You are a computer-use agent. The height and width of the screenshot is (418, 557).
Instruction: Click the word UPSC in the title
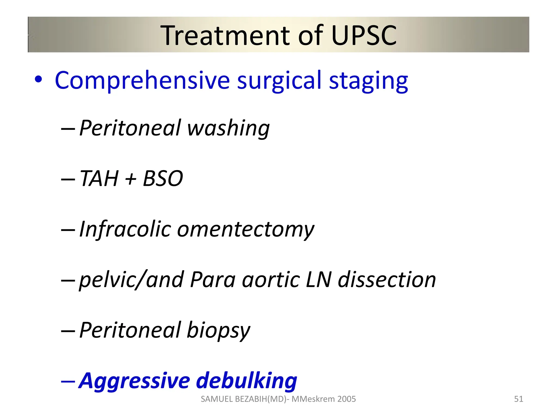[x=364, y=35]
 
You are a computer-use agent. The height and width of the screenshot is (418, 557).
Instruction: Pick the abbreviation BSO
[x=163, y=179]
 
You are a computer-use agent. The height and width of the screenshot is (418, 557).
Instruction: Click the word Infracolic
[x=125, y=229]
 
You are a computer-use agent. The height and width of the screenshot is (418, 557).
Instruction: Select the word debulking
[x=246, y=380]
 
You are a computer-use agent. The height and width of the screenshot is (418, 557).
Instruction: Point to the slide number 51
[x=519, y=399]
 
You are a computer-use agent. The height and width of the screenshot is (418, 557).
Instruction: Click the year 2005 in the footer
[x=346, y=399]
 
